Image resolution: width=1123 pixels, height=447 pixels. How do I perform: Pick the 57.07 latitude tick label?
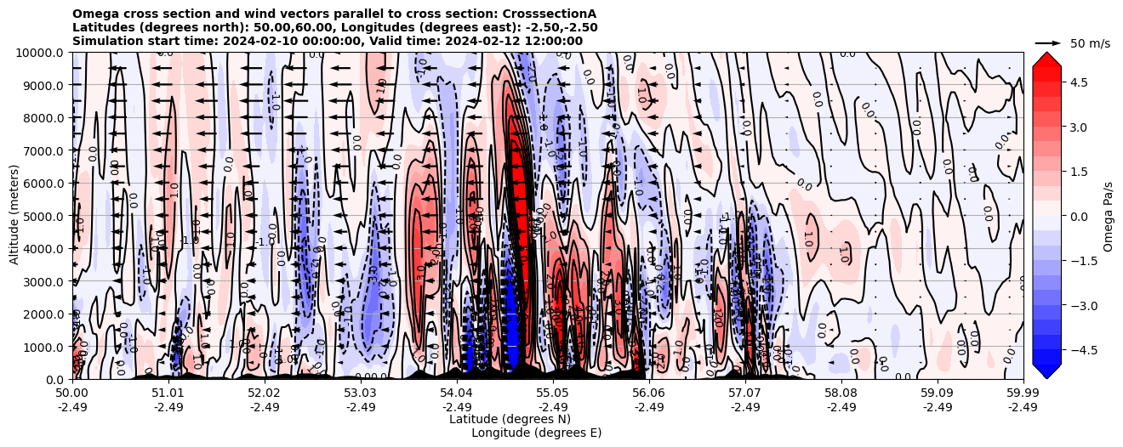click(744, 393)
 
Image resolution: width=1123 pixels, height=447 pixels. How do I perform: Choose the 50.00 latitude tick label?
click(72, 393)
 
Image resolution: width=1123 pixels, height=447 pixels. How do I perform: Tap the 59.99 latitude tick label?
click(1023, 393)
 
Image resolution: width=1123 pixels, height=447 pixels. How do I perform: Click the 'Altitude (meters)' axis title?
click(14, 215)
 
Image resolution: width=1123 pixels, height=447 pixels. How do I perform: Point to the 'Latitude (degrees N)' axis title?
click(510, 419)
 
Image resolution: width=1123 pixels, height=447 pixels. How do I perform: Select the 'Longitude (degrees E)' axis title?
click(536, 433)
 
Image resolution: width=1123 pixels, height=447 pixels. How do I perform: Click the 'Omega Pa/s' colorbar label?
click(1109, 216)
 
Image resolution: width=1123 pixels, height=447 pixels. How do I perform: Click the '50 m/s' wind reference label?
click(1090, 42)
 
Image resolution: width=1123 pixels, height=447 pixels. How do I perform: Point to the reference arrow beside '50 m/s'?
click(1047, 42)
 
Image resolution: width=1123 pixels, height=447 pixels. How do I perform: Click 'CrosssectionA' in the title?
click(550, 14)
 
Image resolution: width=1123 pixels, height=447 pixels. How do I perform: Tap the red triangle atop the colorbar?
click(1046, 58)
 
